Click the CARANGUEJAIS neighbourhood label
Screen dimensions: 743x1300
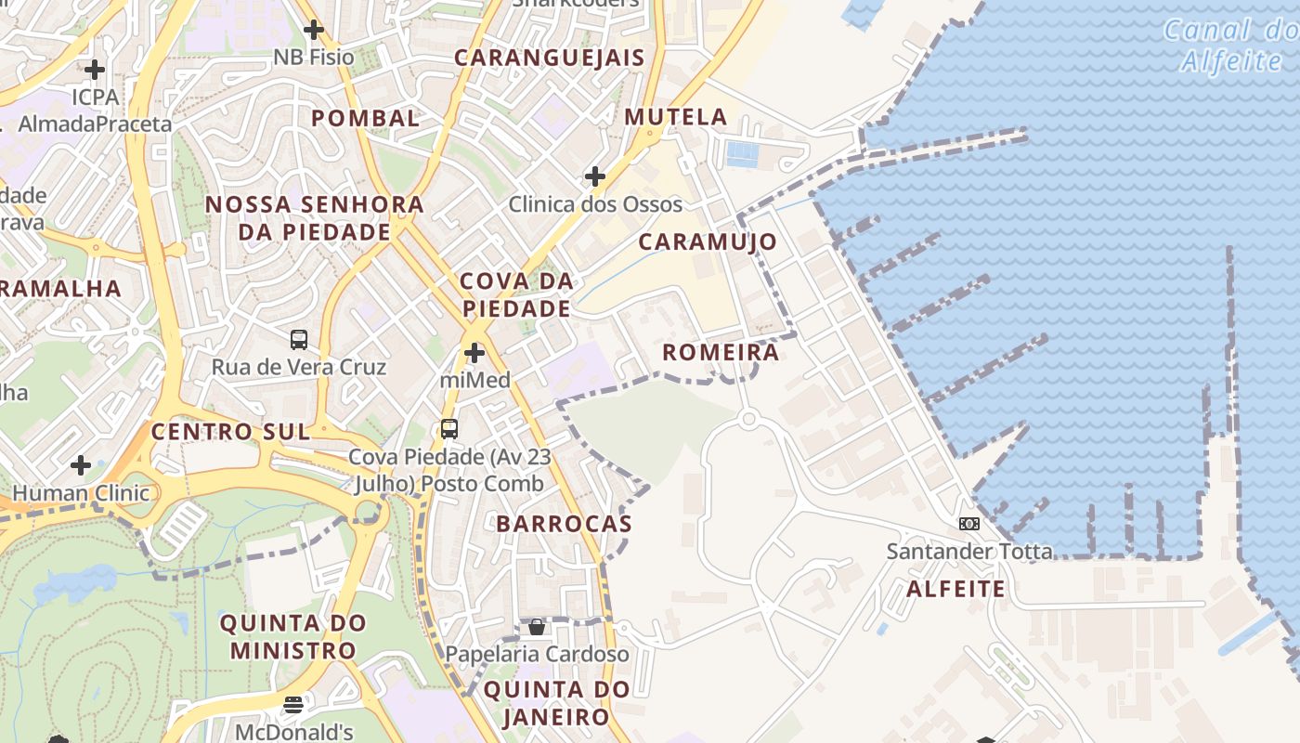(549, 58)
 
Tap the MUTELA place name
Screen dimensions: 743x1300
(676, 117)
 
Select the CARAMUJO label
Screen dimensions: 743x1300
(708, 241)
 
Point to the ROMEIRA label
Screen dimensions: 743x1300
(721, 353)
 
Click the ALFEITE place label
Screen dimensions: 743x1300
(955, 589)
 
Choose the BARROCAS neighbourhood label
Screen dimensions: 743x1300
(564, 524)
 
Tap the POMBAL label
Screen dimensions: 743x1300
(365, 118)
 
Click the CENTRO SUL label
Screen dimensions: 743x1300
(230, 432)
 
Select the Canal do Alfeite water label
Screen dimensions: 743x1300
(1231, 46)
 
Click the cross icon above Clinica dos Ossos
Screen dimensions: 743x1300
(595, 176)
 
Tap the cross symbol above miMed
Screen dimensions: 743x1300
(474, 353)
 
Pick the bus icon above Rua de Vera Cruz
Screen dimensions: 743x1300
(298, 340)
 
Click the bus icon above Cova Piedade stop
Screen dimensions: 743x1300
(449, 429)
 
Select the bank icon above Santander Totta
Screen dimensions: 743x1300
(969, 524)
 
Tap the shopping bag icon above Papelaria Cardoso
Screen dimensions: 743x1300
(537, 627)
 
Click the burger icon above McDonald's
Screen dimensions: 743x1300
(293, 705)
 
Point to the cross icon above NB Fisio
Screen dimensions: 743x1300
(314, 30)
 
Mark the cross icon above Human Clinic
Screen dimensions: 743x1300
(81, 464)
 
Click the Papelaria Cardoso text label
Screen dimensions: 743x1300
(537, 654)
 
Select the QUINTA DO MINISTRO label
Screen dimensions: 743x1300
(293, 636)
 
